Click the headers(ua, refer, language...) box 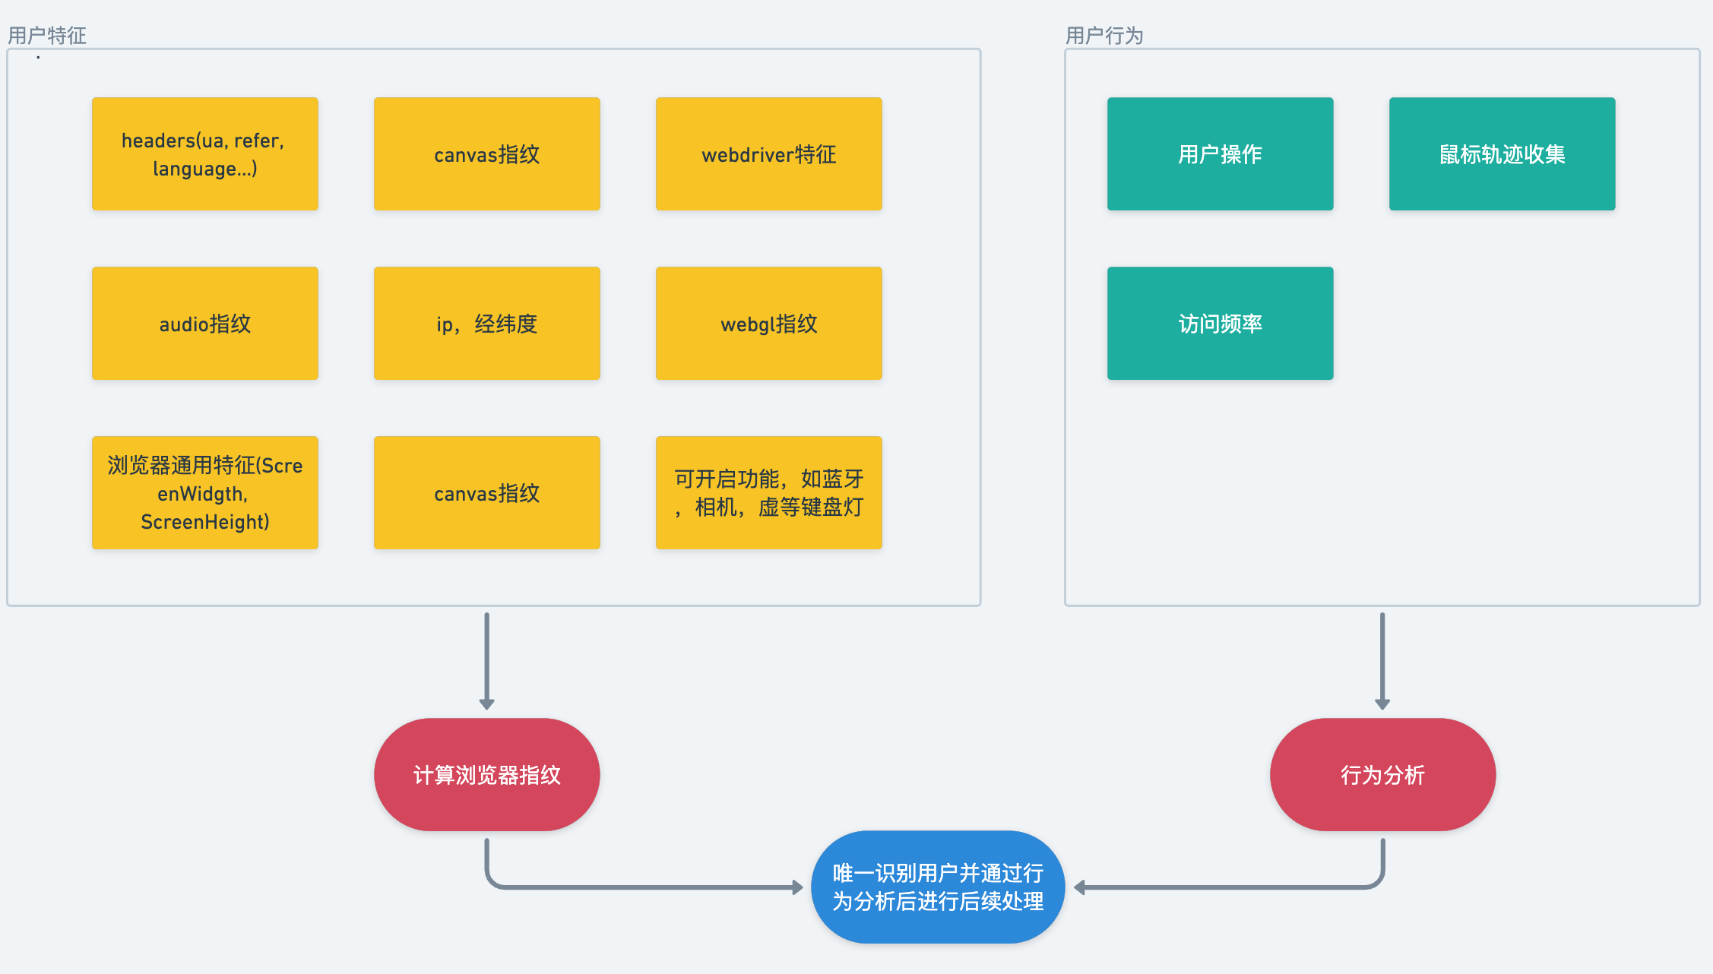click(204, 153)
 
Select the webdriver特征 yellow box click(768, 153)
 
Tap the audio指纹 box click(204, 323)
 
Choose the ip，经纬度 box click(486, 323)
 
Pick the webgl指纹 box click(768, 323)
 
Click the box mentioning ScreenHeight click(204, 492)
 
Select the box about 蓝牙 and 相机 click(768, 492)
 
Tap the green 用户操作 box click(1220, 153)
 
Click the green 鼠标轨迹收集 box click(1502, 153)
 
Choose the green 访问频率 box click(1220, 323)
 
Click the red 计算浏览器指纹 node click(486, 774)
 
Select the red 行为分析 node click(1382, 774)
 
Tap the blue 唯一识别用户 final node click(937, 887)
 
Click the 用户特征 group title click(47, 35)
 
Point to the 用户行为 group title click(1104, 35)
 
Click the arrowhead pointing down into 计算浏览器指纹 click(486, 705)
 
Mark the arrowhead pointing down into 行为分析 click(1382, 705)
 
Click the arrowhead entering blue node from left click(798, 887)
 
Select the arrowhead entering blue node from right click(1079, 887)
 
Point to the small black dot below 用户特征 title click(38, 58)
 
